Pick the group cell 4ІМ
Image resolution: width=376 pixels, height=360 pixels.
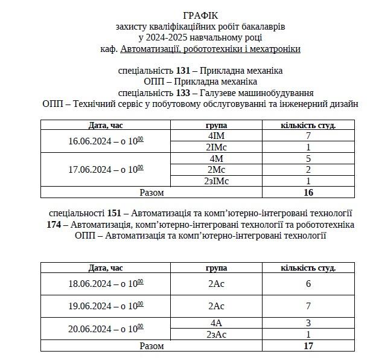coord(216,136)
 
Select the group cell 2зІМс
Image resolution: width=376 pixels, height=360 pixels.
coord(216,181)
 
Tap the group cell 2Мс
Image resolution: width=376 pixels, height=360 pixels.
coord(216,169)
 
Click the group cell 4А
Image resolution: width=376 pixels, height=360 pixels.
coord(216,323)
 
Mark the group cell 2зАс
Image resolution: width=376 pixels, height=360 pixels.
coord(216,335)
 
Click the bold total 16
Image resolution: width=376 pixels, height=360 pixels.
coord(308,193)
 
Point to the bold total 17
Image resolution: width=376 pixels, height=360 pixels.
coord(308,346)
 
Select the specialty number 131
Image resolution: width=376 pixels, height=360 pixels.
coord(183,71)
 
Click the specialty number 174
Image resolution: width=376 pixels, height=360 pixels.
coord(54,225)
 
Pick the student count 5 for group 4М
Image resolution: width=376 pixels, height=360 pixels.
coord(308,158)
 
